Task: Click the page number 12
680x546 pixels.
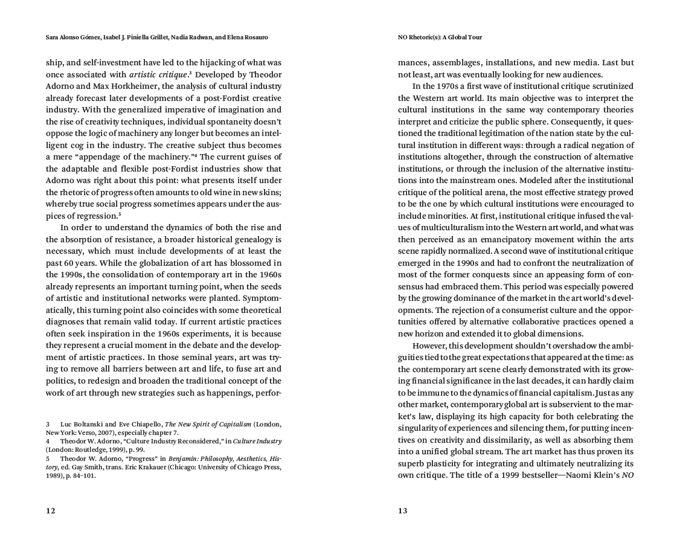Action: pos(51,510)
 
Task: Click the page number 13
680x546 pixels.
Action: pos(403,510)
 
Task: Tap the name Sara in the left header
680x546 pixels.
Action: pos(54,37)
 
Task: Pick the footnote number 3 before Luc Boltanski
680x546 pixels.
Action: pos(48,425)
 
